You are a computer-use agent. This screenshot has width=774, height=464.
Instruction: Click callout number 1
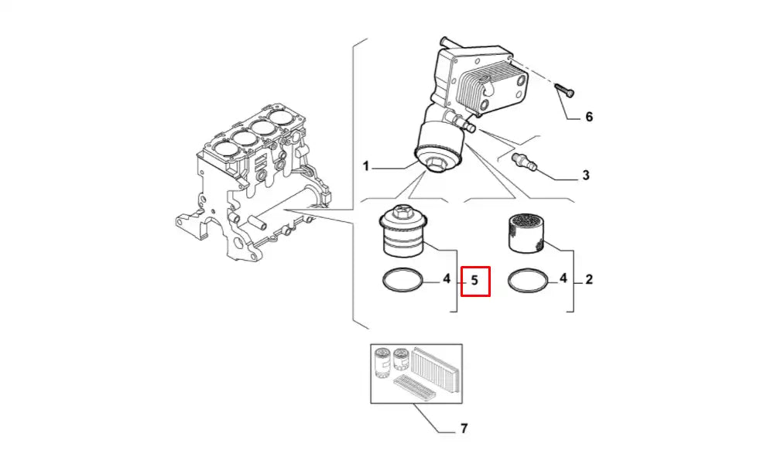click(x=367, y=165)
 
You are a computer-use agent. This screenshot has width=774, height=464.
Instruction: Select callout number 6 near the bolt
click(x=588, y=118)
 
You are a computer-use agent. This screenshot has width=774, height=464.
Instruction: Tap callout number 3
click(x=586, y=176)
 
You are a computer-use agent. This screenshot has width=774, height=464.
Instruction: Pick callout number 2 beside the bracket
click(x=588, y=279)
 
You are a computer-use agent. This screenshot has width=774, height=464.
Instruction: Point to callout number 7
click(x=464, y=428)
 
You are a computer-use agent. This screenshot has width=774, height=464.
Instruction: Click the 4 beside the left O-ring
click(x=446, y=278)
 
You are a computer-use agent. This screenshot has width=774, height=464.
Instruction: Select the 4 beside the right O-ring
click(x=563, y=278)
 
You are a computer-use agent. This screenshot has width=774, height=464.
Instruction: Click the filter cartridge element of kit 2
click(x=526, y=233)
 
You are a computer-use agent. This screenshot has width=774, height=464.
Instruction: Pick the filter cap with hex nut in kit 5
click(x=402, y=233)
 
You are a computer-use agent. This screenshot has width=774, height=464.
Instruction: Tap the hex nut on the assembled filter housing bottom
click(x=436, y=165)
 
